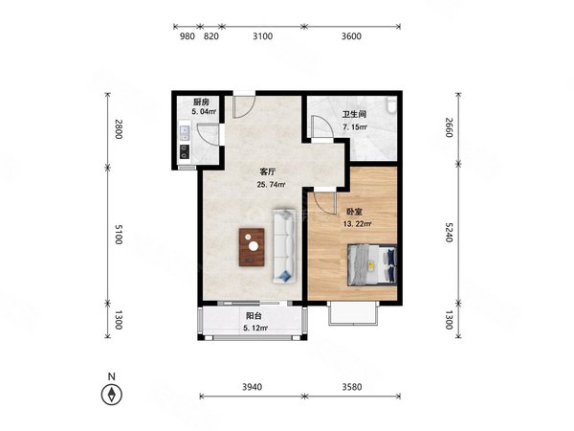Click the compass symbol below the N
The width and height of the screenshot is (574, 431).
(x=112, y=395)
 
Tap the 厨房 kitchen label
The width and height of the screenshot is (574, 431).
(x=201, y=102)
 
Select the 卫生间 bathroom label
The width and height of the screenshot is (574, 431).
(x=354, y=114)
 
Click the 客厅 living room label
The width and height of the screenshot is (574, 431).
(x=267, y=171)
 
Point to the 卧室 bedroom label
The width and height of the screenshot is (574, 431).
(x=354, y=212)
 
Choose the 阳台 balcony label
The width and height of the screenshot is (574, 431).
(x=254, y=315)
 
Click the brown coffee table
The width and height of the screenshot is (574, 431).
(x=252, y=247)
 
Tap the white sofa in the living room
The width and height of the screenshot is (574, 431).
(x=284, y=246)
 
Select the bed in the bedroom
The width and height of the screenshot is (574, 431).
(x=372, y=264)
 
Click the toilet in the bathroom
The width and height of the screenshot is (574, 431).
(x=391, y=104)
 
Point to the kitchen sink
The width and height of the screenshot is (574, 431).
(x=185, y=133)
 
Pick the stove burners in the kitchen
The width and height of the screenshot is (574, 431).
(x=185, y=151)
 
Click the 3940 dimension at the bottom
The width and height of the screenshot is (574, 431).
(x=253, y=387)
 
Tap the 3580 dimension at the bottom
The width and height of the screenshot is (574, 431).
(x=352, y=387)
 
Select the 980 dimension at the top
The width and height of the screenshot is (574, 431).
(x=188, y=36)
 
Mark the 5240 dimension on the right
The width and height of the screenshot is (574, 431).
(x=450, y=232)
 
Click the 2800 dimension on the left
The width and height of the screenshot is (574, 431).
(x=118, y=129)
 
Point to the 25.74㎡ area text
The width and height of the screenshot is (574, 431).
(x=272, y=184)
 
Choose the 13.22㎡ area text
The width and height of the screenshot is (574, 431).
(x=358, y=224)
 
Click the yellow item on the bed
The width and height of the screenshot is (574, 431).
(x=371, y=265)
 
